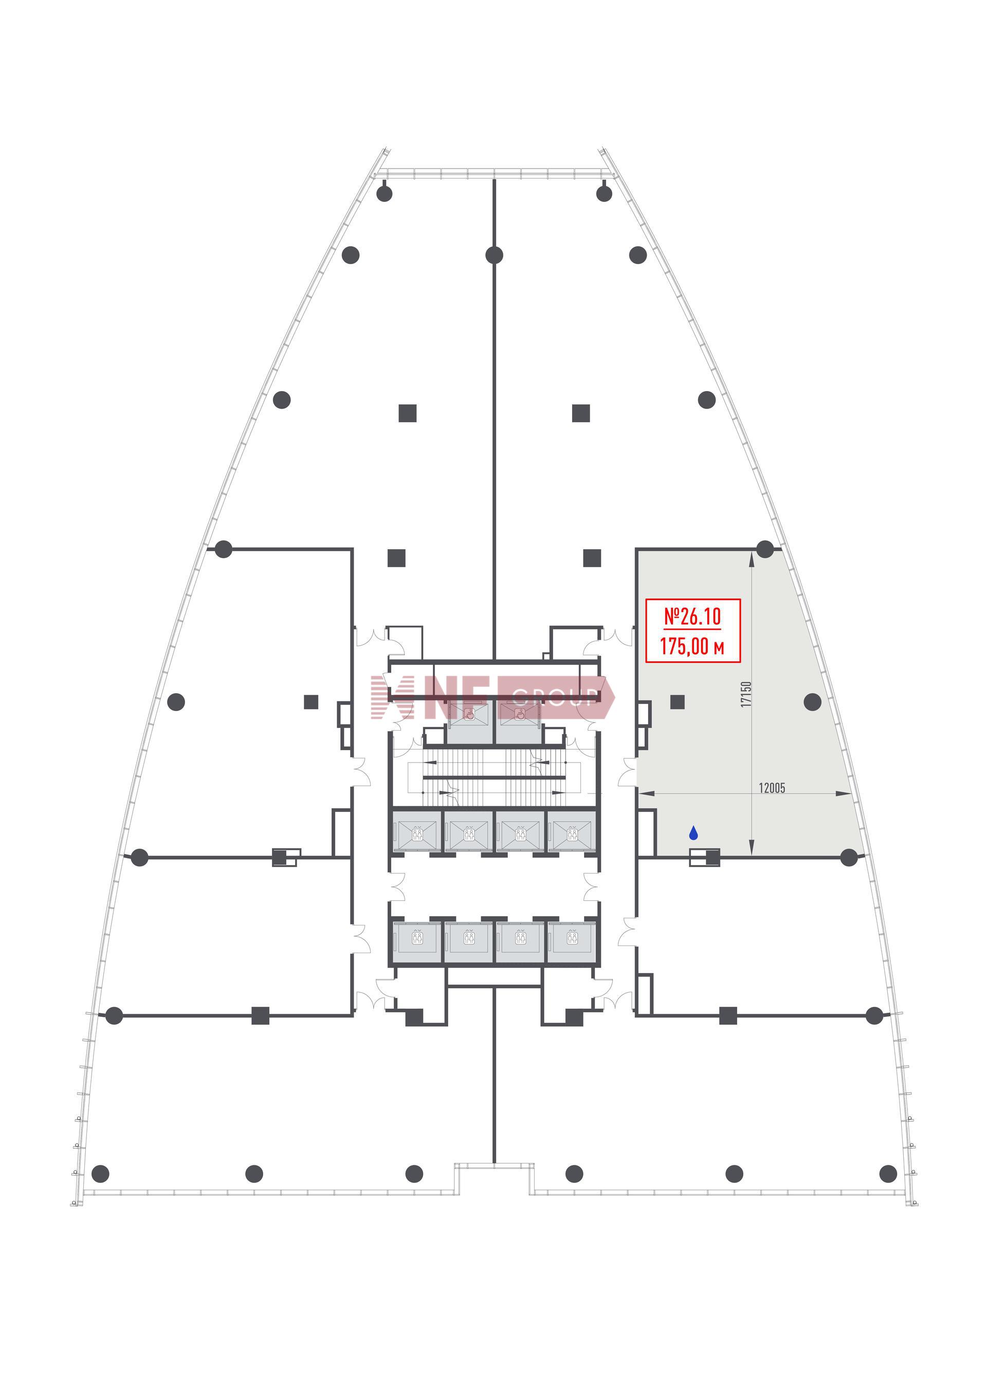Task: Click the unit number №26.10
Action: (x=692, y=616)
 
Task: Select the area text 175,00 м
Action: (x=692, y=646)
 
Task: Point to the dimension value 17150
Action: (x=746, y=694)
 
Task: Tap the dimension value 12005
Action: (x=772, y=788)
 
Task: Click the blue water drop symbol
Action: (x=693, y=833)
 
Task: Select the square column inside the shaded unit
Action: (x=678, y=702)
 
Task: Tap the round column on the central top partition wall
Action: (x=494, y=255)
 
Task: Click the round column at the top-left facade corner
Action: (x=384, y=194)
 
